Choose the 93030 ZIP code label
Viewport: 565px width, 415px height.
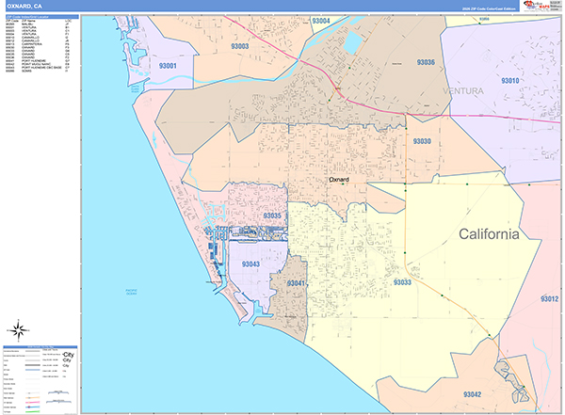pos(421,141)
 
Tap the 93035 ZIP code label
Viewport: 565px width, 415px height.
pos(273,215)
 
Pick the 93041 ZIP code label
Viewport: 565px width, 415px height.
pos(297,283)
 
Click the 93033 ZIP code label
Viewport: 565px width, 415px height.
pos(402,281)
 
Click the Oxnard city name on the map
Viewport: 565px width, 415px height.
pos(339,178)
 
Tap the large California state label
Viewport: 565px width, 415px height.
pos(488,234)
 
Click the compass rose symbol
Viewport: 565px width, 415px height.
pos(18,329)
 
